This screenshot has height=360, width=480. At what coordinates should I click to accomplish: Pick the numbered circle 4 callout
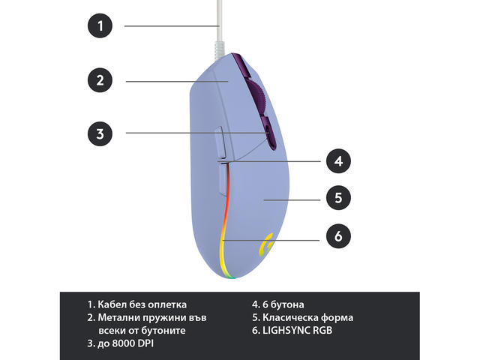pyautogui.click(x=339, y=160)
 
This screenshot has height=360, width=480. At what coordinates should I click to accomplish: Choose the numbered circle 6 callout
pyautogui.click(x=339, y=236)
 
